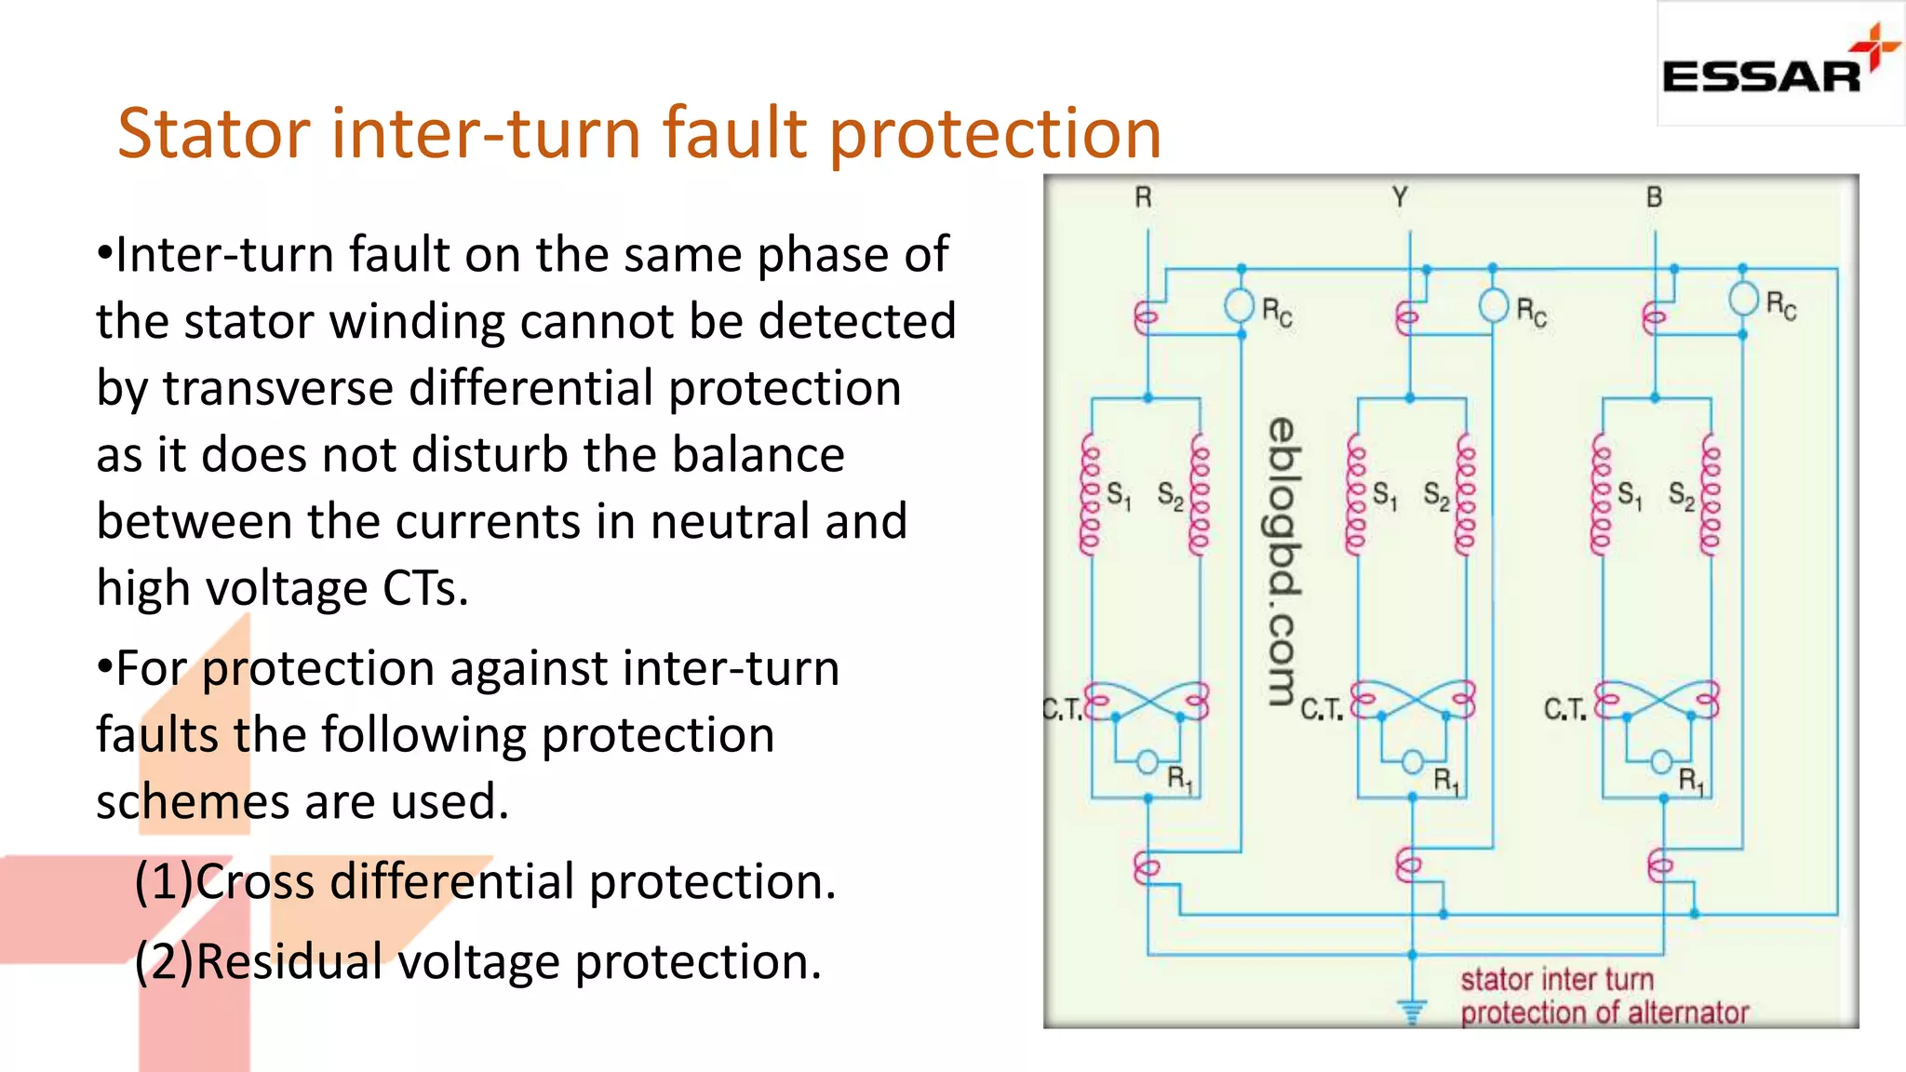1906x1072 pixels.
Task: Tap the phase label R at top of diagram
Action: pos(1143,197)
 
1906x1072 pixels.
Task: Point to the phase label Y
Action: pos(1400,197)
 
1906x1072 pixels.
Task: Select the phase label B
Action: pos(1654,197)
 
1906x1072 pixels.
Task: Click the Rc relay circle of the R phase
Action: pos(1239,305)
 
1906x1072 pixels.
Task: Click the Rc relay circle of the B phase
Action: pos(1743,300)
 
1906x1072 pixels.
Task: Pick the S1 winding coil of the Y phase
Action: pos(1356,495)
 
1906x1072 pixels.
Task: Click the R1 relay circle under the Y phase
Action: pos(1412,762)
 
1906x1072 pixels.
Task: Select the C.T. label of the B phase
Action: pos(1565,710)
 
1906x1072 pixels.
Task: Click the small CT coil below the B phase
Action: pos(1659,866)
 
